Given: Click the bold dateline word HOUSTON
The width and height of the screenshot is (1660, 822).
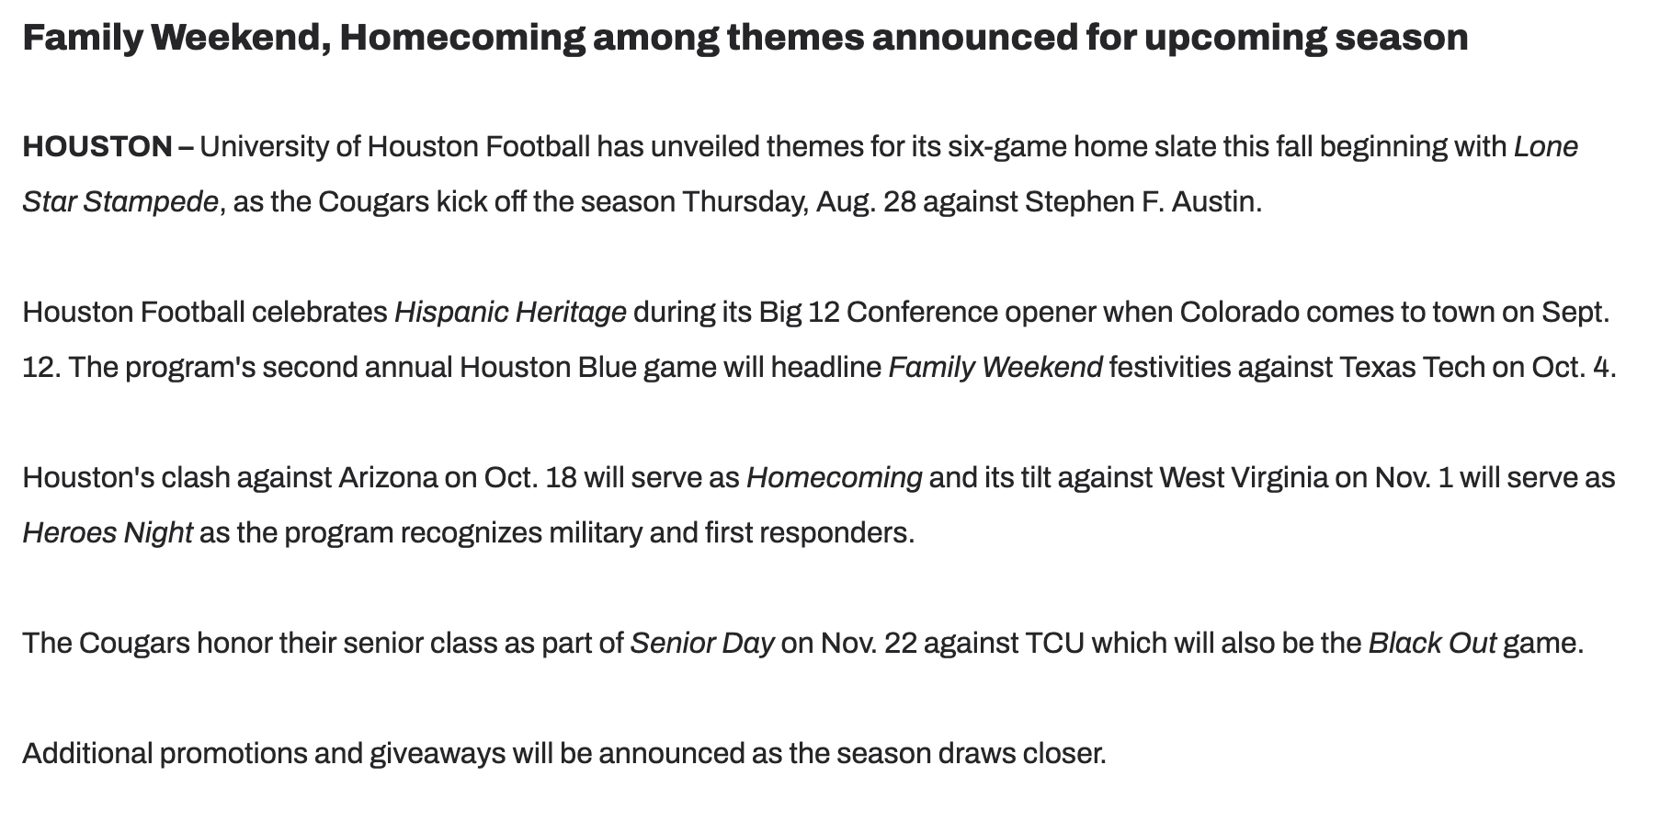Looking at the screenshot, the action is click(x=97, y=146).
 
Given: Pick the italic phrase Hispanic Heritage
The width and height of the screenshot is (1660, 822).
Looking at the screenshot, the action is click(x=510, y=313).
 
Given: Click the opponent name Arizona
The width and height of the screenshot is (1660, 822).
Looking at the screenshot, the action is click(x=388, y=477).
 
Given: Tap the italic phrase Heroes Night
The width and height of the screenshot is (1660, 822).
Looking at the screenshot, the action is click(x=108, y=533).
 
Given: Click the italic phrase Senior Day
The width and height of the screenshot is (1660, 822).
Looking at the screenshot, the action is click(x=702, y=644).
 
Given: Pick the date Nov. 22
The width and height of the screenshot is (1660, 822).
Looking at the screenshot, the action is click(x=869, y=643).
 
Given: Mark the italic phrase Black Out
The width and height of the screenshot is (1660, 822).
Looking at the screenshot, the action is click(x=1432, y=643).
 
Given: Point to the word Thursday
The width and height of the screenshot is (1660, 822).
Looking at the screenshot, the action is click(x=745, y=202).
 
